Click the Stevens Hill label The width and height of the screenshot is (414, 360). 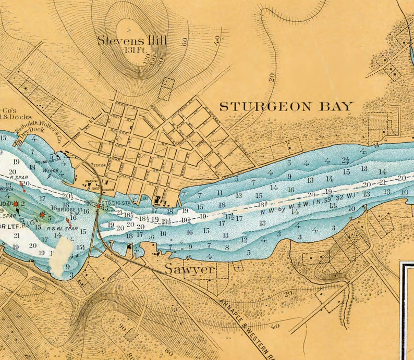(132, 40)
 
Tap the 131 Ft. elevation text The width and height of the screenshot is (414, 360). (132, 51)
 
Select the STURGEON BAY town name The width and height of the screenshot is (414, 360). (286, 106)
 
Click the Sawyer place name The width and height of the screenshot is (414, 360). (190, 269)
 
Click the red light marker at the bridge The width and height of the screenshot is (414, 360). (98, 207)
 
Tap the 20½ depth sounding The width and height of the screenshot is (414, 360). (67, 195)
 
